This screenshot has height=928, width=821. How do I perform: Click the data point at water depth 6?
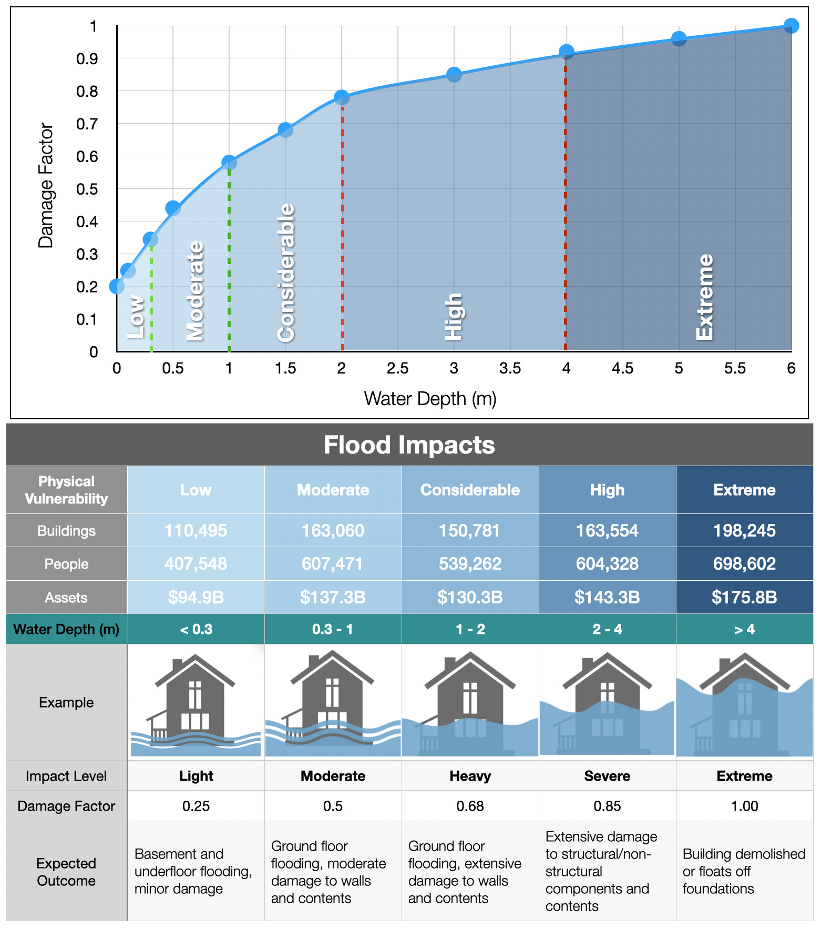791,25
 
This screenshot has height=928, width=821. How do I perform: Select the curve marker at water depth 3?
454,75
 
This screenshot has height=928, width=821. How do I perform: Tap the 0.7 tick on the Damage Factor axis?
87,124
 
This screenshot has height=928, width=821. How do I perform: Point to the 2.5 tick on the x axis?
397,368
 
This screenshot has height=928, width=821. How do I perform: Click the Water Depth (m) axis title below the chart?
430,399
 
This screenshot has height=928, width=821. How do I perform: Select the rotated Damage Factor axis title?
46,185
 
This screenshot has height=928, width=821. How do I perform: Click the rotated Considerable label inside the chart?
286,273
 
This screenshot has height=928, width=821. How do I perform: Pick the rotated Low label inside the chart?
136,317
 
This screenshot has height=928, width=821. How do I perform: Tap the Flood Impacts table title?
409,445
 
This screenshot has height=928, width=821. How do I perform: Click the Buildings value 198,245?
744,530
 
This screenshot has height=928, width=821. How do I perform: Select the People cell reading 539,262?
470,563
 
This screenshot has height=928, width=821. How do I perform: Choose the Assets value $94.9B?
196,597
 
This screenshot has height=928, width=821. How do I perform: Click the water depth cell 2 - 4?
607,629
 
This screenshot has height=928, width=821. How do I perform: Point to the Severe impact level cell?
607,776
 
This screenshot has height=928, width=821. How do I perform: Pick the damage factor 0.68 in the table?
470,806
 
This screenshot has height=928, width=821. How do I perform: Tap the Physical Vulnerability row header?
66,490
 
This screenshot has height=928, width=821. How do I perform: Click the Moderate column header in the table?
333,490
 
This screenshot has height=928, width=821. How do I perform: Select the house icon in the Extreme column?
744,703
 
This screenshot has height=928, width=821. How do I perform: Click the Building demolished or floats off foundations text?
744,871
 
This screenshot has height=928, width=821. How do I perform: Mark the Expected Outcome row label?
66,872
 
